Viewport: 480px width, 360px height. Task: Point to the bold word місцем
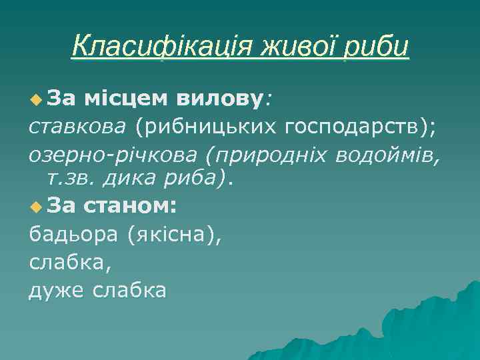tap(127, 99)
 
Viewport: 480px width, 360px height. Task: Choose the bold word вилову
tap(221, 99)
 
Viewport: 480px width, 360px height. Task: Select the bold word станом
tap(130, 206)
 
